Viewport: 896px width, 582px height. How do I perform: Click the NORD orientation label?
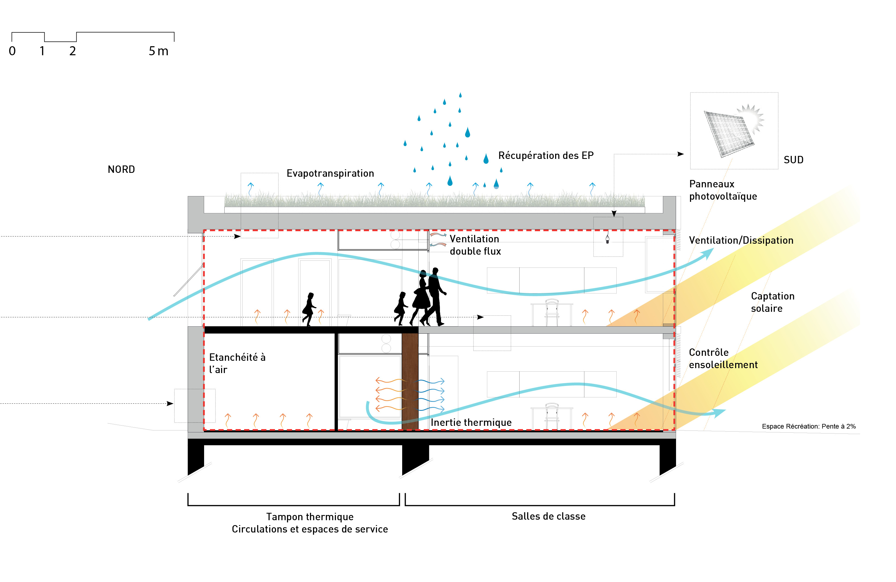coord(121,169)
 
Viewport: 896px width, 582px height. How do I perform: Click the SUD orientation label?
coord(793,160)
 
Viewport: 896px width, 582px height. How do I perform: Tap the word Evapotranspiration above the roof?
coord(330,173)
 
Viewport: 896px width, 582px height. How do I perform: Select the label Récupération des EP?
coord(546,155)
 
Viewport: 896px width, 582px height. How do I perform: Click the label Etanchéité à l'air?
coord(237,363)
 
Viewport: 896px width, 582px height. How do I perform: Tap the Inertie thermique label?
coord(471,422)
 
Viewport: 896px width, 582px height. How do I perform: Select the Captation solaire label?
coord(773,302)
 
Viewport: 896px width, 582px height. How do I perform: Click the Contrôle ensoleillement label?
coord(723,358)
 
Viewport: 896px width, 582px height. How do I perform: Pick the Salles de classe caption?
coord(548,516)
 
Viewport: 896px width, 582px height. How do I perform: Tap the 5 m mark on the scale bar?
coord(158,51)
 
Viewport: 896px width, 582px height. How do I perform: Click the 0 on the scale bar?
coord(12,51)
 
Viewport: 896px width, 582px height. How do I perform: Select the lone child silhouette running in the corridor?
coord(309,309)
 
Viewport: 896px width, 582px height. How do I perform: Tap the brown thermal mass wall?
coord(410,380)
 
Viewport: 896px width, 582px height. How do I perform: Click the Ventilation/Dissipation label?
coord(741,240)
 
